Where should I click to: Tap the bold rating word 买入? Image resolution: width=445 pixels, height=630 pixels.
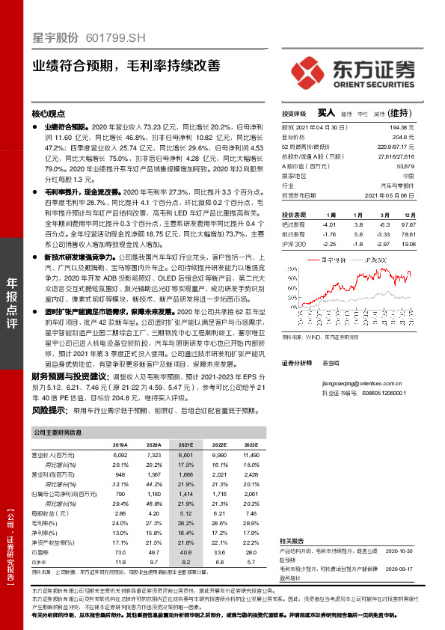[326, 113]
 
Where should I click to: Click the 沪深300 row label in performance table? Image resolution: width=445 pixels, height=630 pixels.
[295, 244]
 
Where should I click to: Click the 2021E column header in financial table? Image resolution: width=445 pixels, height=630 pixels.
[185, 444]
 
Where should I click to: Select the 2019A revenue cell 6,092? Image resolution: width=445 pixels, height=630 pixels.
[120, 455]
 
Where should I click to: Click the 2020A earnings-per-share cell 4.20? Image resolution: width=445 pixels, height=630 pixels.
[154, 514]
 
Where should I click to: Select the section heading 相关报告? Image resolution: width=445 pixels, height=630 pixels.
[292, 539]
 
